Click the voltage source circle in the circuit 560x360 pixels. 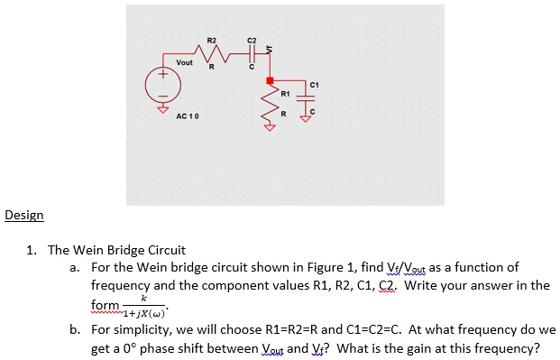pyautogui.click(x=164, y=88)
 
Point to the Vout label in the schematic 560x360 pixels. pyautogui.click(x=184, y=62)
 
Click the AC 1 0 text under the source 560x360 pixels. pyautogui.click(x=188, y=117)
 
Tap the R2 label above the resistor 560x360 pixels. pyautogui.click(x=212, y=41)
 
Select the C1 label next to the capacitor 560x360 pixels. pyautogui.click(x=314, y=84)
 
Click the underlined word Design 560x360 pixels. pyautogui.click(x=23, y=216)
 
